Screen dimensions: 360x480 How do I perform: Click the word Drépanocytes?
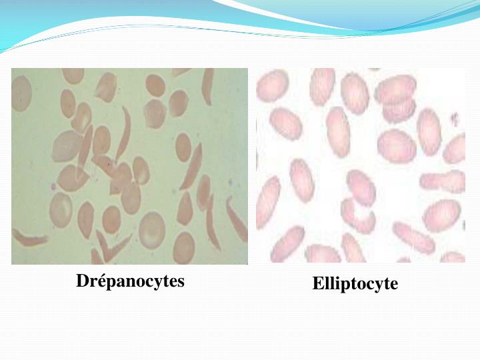(130, 281)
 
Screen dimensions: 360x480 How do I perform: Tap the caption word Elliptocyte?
(355, 284)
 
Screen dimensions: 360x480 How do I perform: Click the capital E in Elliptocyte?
(317, 284)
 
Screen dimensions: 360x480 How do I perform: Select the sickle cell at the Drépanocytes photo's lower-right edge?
(235, 220)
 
